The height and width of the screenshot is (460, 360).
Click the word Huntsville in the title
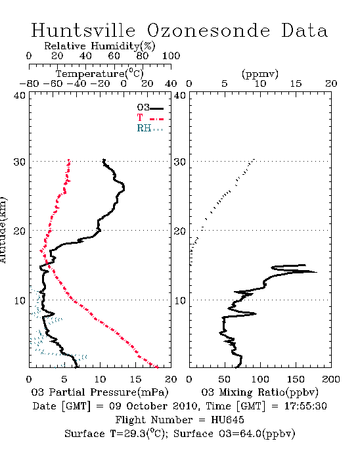(83, 30)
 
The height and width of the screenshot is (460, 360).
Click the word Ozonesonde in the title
(208, 30)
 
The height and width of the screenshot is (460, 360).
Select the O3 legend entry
(150, 108)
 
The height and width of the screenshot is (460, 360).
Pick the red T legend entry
(150, 118)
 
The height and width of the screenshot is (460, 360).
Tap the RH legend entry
(150, 128)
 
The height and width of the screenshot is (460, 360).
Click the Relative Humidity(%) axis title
(100, 46)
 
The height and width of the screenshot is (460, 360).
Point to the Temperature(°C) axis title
(100, 74)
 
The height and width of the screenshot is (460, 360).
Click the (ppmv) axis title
(260, 74)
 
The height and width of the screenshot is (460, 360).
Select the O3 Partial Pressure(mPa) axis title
(100, 392)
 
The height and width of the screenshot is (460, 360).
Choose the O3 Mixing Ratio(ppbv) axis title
(259, 392)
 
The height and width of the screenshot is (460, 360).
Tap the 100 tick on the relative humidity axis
(171, 56)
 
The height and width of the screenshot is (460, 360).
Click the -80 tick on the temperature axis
(29, 83)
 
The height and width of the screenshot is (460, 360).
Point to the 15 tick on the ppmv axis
(296, 83)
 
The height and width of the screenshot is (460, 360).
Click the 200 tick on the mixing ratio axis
(331, 379)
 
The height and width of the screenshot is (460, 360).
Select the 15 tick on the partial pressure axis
(135, 379)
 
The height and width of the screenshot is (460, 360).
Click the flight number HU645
(227, 420)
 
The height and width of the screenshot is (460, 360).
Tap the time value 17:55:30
(305, 406)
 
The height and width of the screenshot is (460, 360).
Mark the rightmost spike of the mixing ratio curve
(317, 272)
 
